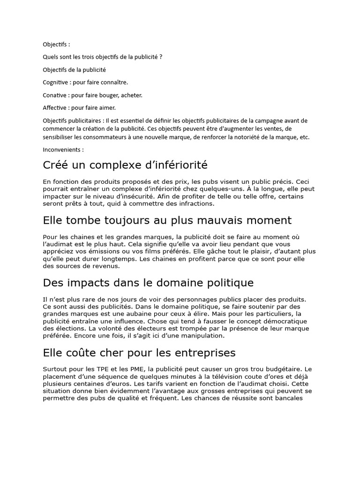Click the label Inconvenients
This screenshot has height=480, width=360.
63,150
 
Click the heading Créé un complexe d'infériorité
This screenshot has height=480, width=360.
125,165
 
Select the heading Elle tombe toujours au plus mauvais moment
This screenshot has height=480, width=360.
167,220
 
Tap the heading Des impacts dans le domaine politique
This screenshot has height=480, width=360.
148,283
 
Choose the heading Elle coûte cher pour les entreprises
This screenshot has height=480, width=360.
139,352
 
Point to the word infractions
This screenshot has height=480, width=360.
197,204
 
